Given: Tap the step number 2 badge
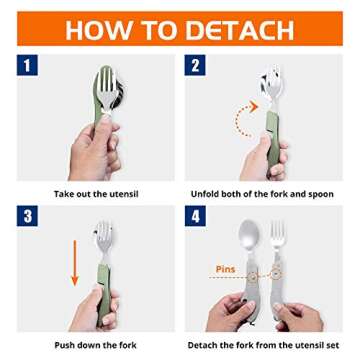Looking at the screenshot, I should tap(194, 67).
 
